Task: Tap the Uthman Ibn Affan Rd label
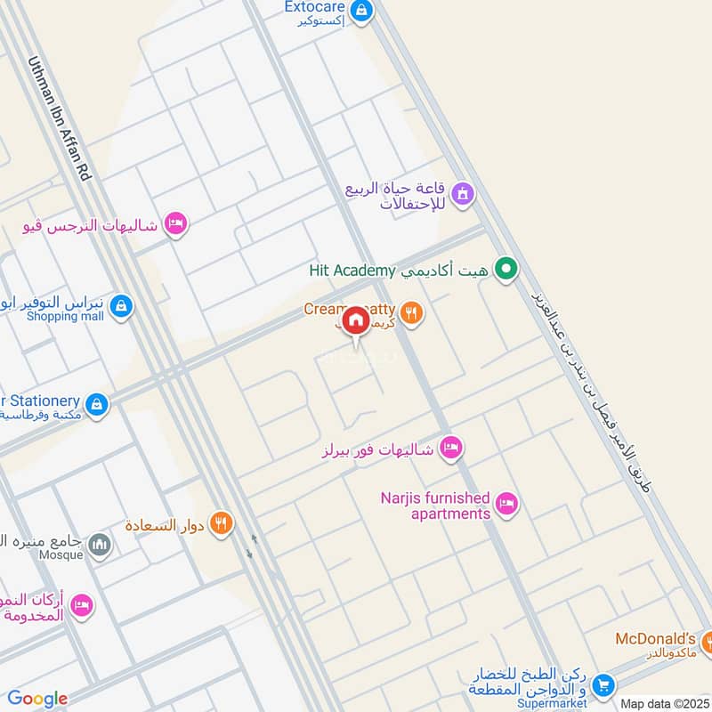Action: (x=61, y=119)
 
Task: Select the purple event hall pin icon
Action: (x=462, y=193)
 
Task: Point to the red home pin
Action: (x=355, y=320)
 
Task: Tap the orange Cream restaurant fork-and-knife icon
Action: (x=410, y=311)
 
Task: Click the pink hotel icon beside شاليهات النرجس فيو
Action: (x=175, y=224)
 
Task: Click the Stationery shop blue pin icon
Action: (x=97, y=405)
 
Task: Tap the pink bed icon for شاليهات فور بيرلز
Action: (x=451, y=448)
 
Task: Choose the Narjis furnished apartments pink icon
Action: (x=506, y=505)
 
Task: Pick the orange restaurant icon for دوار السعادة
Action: (x=222, y=524)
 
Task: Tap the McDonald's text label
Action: (x=655, y=639)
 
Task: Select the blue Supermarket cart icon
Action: (x=603, y=684)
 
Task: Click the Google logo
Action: (x=37, y=699)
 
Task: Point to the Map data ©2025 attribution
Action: (x=665, y=704)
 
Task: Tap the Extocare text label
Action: (x=313, y=7)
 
